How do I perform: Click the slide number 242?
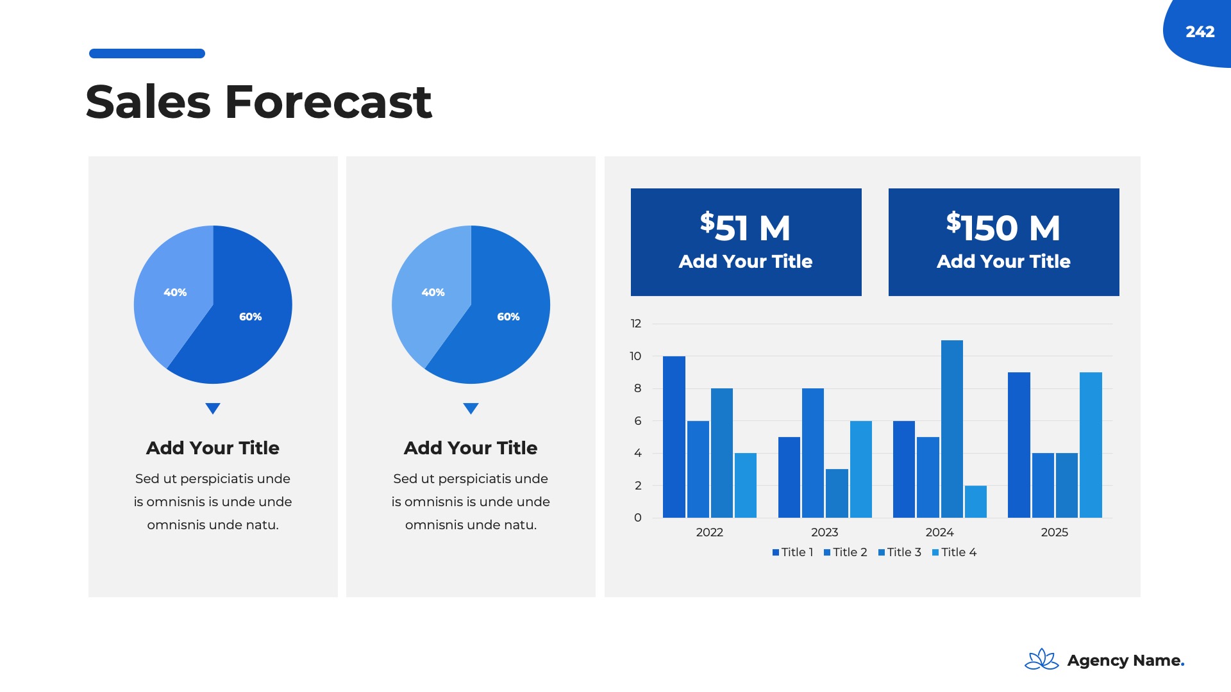[x=1200, y=31]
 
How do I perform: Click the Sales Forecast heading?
[x=259, y=102]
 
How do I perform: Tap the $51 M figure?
[x=745, y=227]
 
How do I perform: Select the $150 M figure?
[x=1003, y=227]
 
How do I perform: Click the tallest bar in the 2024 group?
[x=952, y=429]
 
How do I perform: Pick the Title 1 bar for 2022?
[x=674, y=437]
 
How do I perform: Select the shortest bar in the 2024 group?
[x=976, y=502]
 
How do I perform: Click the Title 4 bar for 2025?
[x=1091, y=445]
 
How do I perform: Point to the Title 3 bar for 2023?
[x=837, y=493]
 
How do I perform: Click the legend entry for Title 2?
[x=845, y=552]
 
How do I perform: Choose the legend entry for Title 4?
[x=954, y=552]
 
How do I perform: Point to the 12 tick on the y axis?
[x=636, y=324]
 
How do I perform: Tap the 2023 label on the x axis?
[x=825, y=532]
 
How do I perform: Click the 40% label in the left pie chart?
[x=175, y=292]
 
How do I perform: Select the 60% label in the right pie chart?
[x=508, y=317]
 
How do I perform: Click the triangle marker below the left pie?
[x=213, y=408]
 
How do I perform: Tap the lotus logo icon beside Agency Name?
[x=1042, y=659]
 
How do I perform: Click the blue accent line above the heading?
[x=147, y=53]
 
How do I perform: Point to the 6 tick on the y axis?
[x=638, y=421]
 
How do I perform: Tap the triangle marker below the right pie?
[x=471, y=408]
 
